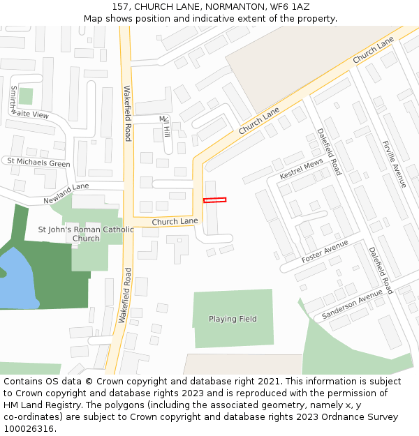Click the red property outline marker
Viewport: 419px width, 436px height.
(x=214, y=200)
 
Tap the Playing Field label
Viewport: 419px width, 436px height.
(x=233, y=319)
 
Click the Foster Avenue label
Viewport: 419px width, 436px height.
(x=325, y=252)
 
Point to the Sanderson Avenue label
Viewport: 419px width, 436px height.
(x=353, y=306)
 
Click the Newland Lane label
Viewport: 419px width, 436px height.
(x=66, y=193)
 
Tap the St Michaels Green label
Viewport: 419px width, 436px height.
(x=39, y=163)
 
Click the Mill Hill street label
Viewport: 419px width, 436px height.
(x=166, y=126)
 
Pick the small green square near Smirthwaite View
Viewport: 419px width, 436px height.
(x=26, y=96)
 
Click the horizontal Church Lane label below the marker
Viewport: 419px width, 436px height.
(x=175, y=222)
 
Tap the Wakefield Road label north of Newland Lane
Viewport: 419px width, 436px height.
(x=127, y=114)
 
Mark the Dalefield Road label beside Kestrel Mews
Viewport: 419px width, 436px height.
(x=329, y=151)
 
